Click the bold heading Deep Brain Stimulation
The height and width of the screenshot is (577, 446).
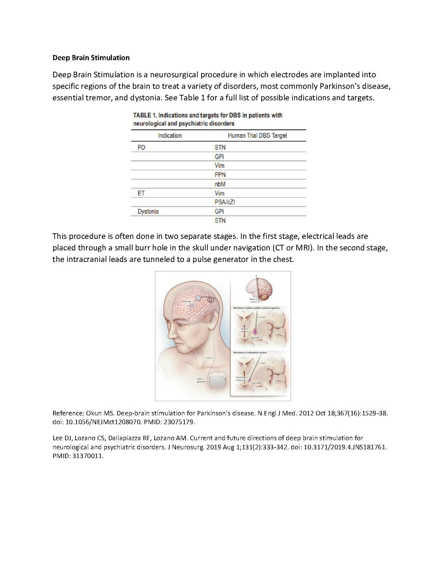(91, 58)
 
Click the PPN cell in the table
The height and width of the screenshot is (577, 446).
(220, 175)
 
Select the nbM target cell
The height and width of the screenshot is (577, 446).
(220, 184)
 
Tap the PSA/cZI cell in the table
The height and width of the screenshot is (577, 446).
(224, 202)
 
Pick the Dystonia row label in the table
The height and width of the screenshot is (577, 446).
(148, 211)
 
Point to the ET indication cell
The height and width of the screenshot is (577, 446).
(141, 193)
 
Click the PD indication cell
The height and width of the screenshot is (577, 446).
(141, 148)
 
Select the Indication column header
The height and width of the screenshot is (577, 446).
(170, 136)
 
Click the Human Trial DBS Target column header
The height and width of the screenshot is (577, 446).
(257, 136)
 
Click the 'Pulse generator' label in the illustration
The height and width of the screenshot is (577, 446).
(202, 380)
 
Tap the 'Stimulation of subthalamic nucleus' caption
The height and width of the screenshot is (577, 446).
(250, 352)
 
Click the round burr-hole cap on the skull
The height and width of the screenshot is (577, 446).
(198, 298)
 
